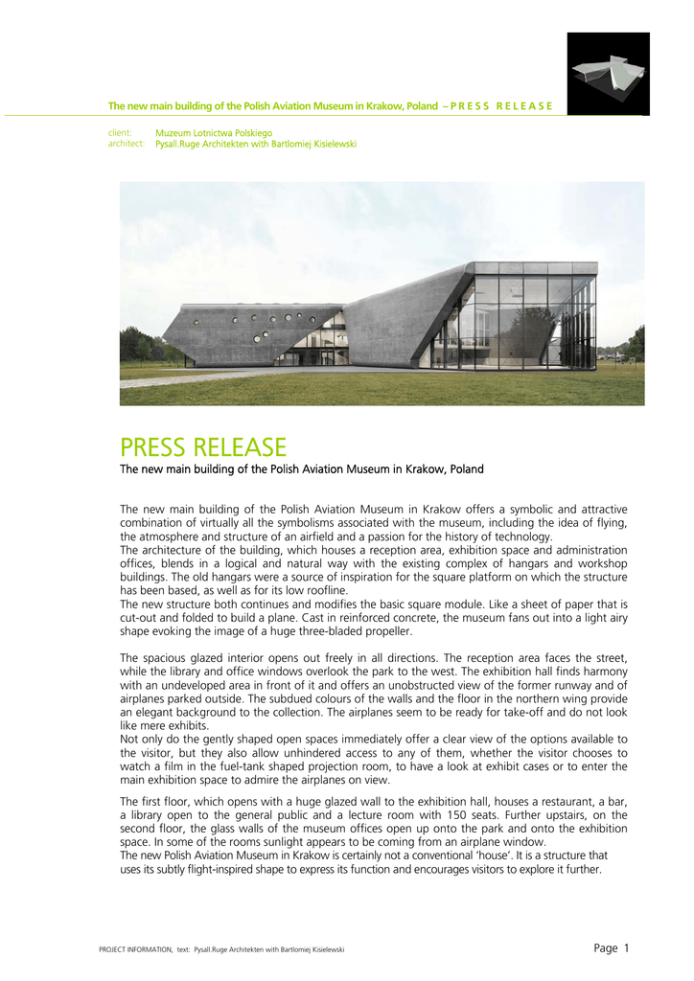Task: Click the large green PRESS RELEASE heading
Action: [202, 447]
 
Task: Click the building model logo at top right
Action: [608, 74]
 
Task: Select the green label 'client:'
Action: [120, 132]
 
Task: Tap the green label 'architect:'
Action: [127, 144]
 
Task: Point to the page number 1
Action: [626, 948]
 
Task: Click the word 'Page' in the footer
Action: [606, 948]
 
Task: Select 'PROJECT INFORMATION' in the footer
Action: [135, 949]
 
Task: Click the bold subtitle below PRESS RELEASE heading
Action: [301, 469]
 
